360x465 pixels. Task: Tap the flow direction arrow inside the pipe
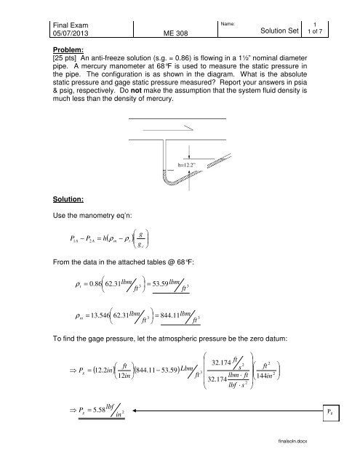[184, 128]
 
